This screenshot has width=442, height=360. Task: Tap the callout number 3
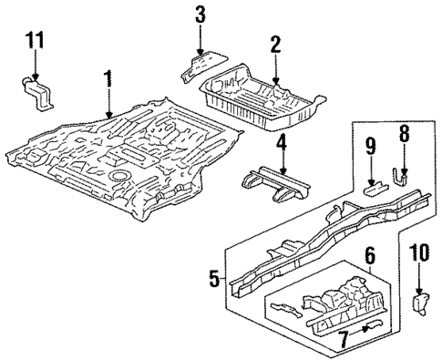coord(200,15)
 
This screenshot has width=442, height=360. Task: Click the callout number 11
coord(35,42)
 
